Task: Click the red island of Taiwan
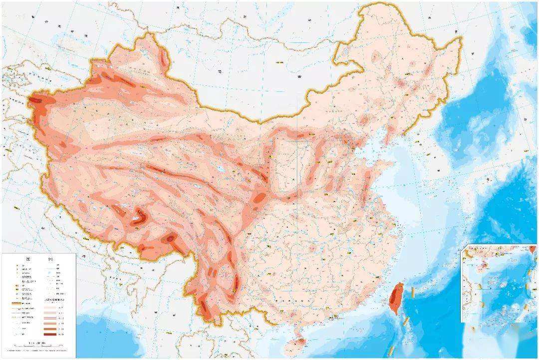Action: point(397,298)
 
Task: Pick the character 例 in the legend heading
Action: point(50,259)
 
